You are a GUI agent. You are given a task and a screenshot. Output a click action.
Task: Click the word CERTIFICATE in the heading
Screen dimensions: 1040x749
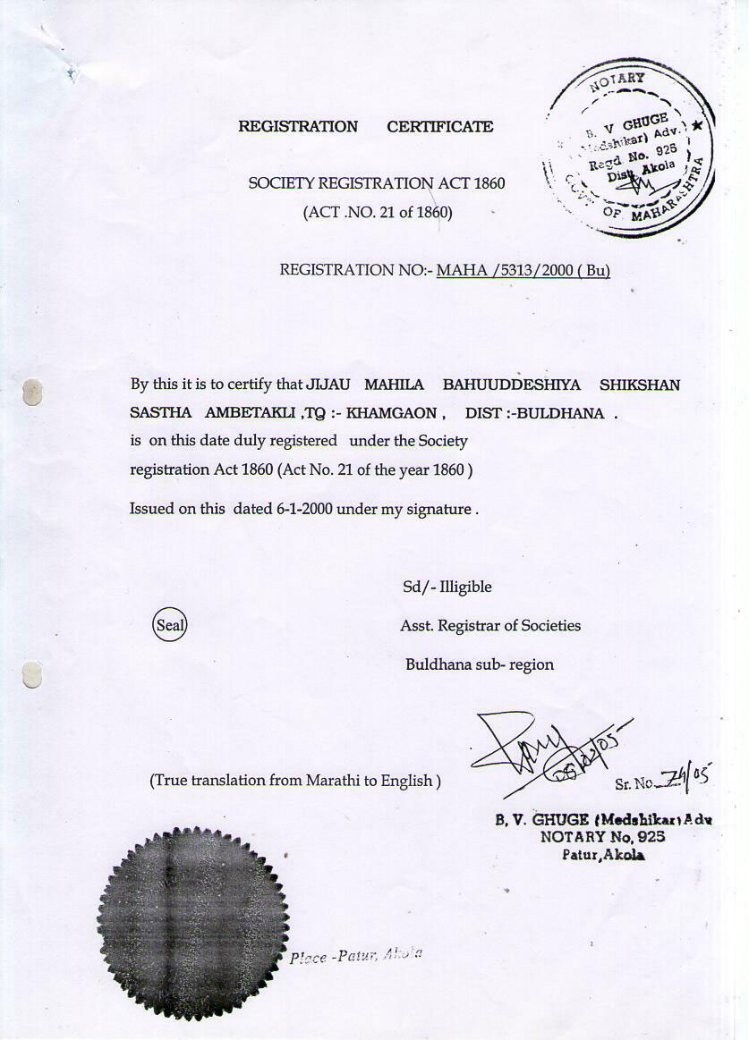point(439,127)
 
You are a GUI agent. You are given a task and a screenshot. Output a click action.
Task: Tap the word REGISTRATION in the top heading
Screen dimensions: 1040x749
point(298,127)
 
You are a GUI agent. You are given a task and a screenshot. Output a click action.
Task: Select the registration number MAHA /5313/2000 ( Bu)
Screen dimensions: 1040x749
point(523,270)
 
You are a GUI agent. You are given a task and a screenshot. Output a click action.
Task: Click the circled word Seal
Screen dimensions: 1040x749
point(170,625)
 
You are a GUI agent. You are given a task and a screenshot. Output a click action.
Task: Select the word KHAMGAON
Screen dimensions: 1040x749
point(391,413)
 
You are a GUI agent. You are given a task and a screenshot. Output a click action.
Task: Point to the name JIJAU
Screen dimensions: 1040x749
point(328,385)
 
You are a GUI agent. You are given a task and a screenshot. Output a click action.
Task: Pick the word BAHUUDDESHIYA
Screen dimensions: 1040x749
point(511,385)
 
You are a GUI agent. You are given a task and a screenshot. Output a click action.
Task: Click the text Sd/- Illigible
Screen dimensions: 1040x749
point(447,587)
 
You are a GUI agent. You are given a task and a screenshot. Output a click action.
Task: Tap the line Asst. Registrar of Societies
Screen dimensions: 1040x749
point(489,626)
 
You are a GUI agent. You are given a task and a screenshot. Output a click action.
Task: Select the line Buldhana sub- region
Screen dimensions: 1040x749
point(479,664)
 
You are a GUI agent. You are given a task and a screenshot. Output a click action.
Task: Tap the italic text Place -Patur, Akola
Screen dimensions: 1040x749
point(355,956)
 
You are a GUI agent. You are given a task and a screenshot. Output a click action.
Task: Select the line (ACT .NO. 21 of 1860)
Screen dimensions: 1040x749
point(378,213)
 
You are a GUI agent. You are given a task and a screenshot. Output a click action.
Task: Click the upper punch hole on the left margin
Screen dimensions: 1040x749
point(32,391)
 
